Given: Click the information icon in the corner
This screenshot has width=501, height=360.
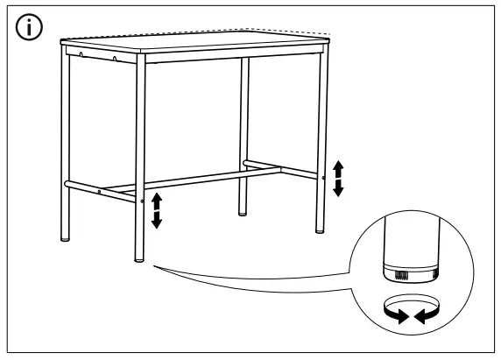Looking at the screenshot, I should click(x=30, y=29).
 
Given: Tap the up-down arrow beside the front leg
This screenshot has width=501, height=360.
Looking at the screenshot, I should click(x=157, y=210).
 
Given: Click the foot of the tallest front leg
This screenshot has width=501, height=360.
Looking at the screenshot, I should click(x=139, y=258).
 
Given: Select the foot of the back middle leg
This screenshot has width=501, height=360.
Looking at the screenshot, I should click(x=243, y=211).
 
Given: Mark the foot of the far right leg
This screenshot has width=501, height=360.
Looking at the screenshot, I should click(x=320, y=229).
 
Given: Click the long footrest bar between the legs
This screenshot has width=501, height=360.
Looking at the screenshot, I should click(x=193, y=180).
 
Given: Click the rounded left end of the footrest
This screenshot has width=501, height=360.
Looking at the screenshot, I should click(x=65, y=185).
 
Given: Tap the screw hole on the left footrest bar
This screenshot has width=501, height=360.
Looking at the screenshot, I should click(x=100, y=190).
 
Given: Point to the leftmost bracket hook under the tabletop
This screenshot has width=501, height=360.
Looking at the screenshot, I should click(x=81, y=55).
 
